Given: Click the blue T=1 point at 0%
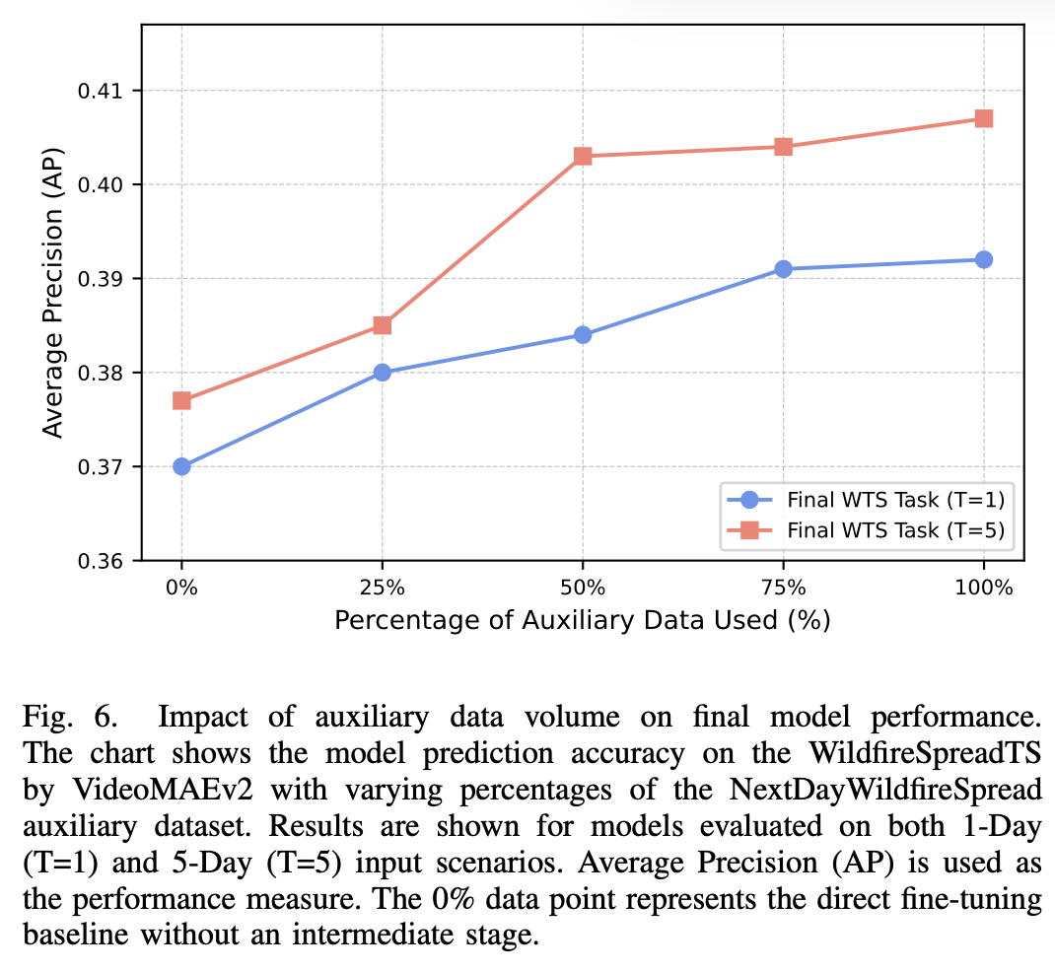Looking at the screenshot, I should coord(181,466).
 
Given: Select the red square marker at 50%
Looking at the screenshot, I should coord(583,156).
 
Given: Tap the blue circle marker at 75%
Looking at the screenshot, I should coord(783,269).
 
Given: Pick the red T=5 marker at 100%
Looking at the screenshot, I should coord(983,118).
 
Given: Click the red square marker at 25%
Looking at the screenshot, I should coord(382,325).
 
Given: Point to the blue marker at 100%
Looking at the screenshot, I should coord(983,259).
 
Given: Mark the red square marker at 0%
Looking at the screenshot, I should coord(181,400).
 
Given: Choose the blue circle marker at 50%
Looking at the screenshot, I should coord(583,335).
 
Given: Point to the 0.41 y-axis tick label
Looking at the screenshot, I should coord(110,91).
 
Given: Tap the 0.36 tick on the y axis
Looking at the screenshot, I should coord(110,561).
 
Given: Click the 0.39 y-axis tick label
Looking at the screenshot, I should coord(110,279).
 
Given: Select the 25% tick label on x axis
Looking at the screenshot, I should coord(382,589).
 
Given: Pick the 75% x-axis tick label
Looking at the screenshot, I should coord(783,589).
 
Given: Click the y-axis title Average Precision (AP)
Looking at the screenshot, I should coord(54,292).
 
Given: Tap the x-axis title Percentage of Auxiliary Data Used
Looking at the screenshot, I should coord(582,620).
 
